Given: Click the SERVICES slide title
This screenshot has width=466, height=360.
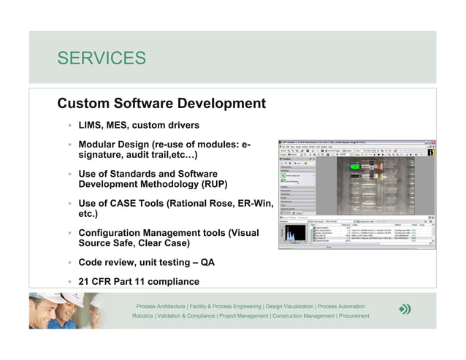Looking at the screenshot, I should pos(102,58).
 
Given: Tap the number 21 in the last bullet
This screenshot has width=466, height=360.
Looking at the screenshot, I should pos(85,281).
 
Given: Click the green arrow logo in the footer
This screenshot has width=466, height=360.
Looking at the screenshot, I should pos(405,310).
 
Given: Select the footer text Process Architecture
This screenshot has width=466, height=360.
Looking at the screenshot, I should pos(160,306).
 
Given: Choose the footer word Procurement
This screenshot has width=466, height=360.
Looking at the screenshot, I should pos(354,316).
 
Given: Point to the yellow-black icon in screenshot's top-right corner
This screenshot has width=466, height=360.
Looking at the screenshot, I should pos(432,153).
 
